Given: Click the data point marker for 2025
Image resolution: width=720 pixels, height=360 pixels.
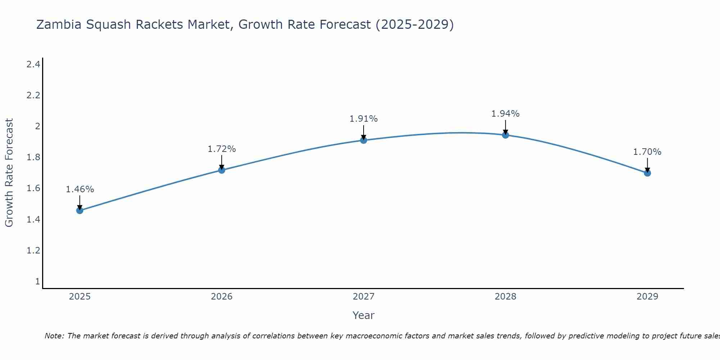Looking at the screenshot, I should pos(80,210).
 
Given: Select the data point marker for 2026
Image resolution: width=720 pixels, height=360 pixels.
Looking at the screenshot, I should pos(222,170).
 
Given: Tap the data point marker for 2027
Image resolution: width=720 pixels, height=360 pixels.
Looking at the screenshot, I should pos(364,140).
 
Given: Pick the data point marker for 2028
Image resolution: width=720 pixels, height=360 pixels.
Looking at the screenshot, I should pos(505,135).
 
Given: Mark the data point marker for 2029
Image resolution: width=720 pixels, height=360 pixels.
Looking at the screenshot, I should pos(647,173).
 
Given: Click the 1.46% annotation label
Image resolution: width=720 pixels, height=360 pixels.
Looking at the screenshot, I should pos(80,189).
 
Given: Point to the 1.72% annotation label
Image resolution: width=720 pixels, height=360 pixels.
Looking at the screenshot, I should pos(222,149).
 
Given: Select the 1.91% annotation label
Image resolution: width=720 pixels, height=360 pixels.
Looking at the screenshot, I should pos(364,119).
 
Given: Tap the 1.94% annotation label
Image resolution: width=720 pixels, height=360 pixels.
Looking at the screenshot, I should pos(505,114).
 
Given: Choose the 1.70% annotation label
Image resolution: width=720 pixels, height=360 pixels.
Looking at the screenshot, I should pos(647,152).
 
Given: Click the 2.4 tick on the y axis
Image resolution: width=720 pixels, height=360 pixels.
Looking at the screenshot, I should pos(33,64).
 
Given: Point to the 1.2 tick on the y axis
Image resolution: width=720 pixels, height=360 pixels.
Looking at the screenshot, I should pos(33,250).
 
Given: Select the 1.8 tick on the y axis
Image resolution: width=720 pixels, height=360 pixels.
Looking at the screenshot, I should pos(33,157).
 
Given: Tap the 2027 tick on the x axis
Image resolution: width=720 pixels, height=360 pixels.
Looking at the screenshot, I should pos(364,297).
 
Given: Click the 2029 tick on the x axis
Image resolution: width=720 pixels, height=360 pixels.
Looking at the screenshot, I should pos(647,297).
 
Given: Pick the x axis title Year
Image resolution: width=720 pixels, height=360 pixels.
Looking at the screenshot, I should pos(364,315).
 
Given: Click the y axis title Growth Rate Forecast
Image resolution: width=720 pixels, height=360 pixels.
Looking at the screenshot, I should pos(9,173).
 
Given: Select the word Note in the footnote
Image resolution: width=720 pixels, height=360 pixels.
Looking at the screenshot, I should pos(54,336).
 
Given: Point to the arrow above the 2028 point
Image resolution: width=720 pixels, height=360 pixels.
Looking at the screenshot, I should pos(505,127).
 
